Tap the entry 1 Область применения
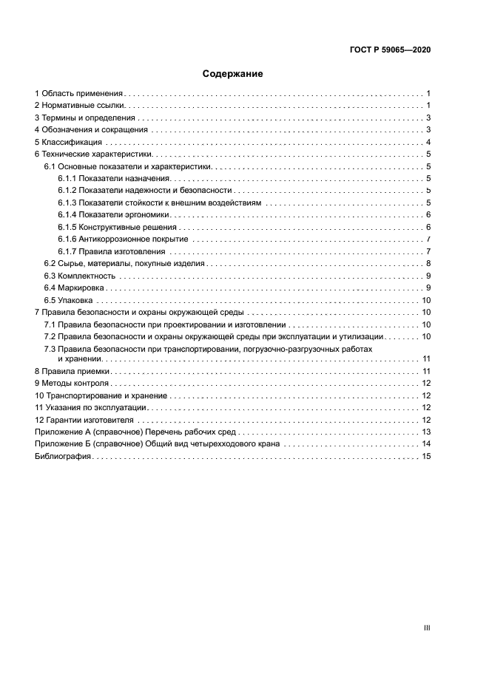pos(78,94)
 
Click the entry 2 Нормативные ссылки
pos(78,106)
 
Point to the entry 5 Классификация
pos(68,142)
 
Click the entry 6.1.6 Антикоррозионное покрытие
pos(122,239)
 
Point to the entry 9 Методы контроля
pos(72,384)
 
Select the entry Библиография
pos(62,457)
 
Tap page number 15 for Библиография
pos(426,457)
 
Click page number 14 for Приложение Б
pos(426,444)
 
